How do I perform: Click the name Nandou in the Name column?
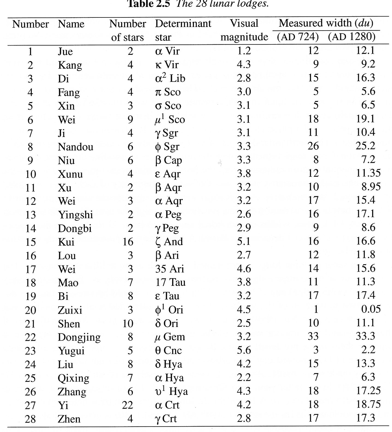click(x=75, y=147)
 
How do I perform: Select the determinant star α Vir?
click(x=167, y=51)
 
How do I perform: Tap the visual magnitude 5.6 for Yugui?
click(x=244, y=350)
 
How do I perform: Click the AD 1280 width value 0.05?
click(x=371, y=309)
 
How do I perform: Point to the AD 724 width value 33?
click(x=313, y=336)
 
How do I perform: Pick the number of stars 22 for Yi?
click(x=128, y=405)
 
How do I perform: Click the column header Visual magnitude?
click(x=244, y=30)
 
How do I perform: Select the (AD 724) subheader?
click(x=298, y=37)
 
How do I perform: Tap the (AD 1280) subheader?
click(x=351, y=37)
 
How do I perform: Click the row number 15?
click(x=30, y=242)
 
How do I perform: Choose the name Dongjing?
click(x=79, y=337)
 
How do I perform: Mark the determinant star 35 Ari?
click(x=169, y=269)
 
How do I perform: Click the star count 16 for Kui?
click(x=128, y=242)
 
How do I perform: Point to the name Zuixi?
click(x=70, y=310)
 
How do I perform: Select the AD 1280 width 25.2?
click(x=365, y=146)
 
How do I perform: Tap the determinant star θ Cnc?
click(x=168, y=350)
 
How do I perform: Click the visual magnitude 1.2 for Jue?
click(x=244, y=51)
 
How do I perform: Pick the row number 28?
click(x=30, y=419)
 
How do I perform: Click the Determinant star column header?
click(x=183, y=30)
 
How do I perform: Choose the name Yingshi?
click(x=75, y=215)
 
